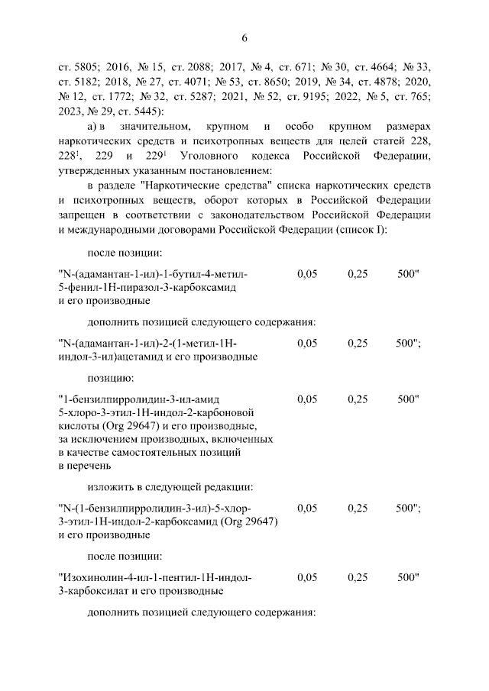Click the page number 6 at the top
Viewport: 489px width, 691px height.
tap(244, 39)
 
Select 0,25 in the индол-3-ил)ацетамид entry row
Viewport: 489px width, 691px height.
tap(358, 344)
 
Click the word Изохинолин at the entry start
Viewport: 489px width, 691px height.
tap(92, 577)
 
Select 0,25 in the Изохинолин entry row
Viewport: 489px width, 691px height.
tap(358, 577)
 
